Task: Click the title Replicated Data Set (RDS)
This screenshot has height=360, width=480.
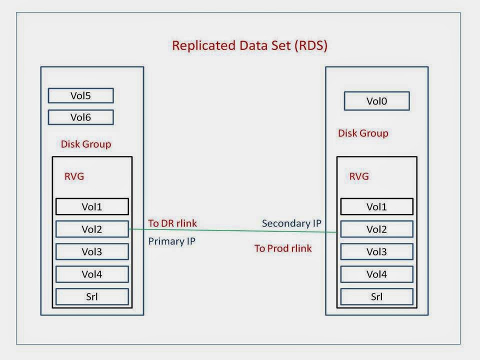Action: pyautogui.click(x=249, y=45)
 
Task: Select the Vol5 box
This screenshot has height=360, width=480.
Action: pyautogui.click(x=80, y=96)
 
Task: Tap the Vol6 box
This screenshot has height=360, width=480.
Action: pyautogui.click(x=80, y=117)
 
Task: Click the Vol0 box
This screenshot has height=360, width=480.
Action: pyautogui.click(x=376, y=101)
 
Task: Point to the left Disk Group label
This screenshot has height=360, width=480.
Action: pyautogui.click(x=85, y=144)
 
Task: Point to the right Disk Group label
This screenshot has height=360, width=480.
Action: pyautogui.click(x=363, y=133)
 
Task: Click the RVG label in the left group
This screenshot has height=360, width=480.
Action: pyautogui.click(x=74, y=176)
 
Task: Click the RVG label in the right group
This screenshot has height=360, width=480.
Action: pyautogui.click(x=359, y=176)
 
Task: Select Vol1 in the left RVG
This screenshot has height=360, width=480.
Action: pyautogui.click(x=91, y=206)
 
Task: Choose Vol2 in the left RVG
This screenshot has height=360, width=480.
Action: pyautogui.click(x=91, y=229)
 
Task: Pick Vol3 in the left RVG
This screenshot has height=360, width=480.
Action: pyautogui.click(x=91, y=251)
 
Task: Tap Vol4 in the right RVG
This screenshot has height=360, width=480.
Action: pyautogui.click(x=376, y=274)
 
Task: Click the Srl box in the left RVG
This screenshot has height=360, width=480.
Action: pyautogui.click(x=91, y=296)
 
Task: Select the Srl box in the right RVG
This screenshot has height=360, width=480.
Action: pyautogui.click(x=376, y=296)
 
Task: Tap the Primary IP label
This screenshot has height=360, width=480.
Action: pyautogui.click(x=171, y=241)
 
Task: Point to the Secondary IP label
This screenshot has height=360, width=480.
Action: pyautogui.click(x=291, y=223)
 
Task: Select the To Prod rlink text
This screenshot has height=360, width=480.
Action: pyautogui.click(x=283, y=248)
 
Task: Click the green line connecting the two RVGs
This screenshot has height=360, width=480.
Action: pyautogui.click(x=232, y=230)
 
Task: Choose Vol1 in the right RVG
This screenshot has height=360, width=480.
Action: pyautogui.click(x=376, y=206)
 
